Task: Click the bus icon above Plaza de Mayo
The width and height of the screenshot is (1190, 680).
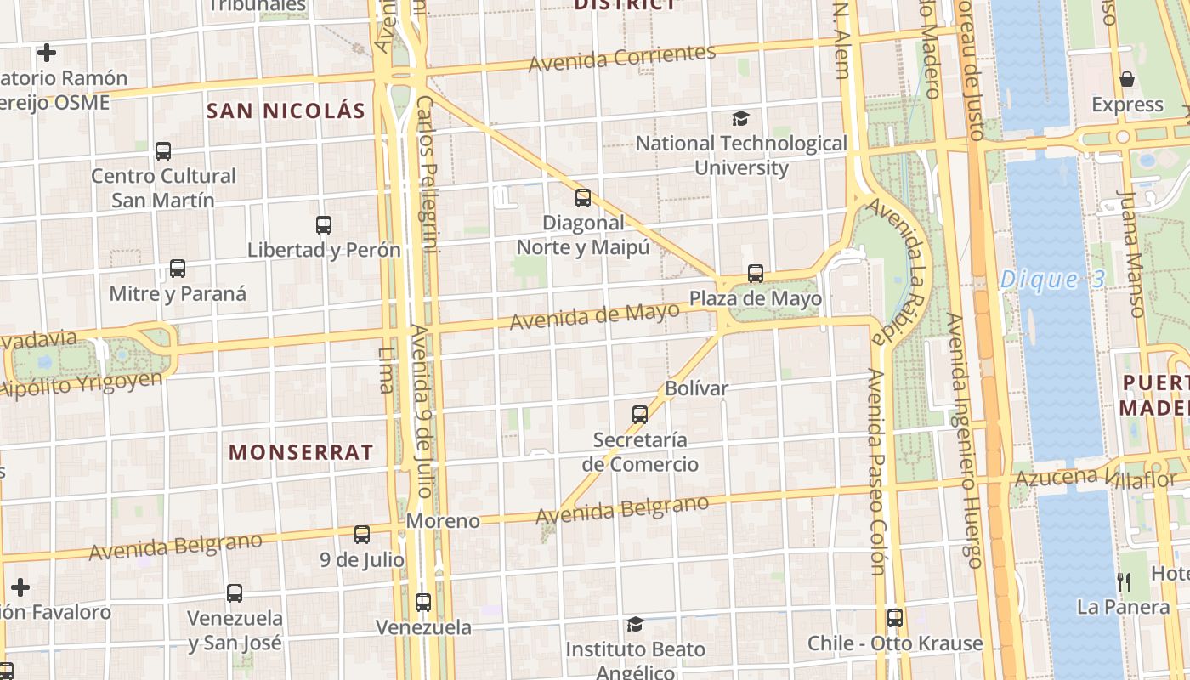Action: (756, 274)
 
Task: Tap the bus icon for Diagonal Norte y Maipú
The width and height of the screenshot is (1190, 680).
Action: (583, 198)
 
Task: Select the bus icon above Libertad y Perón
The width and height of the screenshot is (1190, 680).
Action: (324, 225)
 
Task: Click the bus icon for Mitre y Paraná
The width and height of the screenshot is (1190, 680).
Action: (178, 269)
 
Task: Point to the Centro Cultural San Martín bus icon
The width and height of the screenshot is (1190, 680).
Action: (163, 151)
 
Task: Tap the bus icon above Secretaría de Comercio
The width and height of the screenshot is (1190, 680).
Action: (640, 415)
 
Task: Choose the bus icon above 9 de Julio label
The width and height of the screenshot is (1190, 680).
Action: (362, 535)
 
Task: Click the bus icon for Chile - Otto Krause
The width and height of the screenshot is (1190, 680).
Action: (894, 618)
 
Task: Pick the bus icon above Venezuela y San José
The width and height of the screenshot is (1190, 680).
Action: (235, 592)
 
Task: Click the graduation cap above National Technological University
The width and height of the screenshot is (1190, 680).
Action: (741, 119)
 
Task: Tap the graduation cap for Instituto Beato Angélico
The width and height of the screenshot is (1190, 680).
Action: (635, 625)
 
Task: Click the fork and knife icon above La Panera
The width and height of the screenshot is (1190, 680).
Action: (1124, 581)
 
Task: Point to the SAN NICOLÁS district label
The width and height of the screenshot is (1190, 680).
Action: (286, 110)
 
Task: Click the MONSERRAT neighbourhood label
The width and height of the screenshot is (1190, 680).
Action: (301, 452)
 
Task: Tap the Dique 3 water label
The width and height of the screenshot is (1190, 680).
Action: (1051, 280)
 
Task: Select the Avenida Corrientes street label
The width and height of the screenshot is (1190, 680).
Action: (622, 58)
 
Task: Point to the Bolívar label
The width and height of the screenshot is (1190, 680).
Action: (696, 389)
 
